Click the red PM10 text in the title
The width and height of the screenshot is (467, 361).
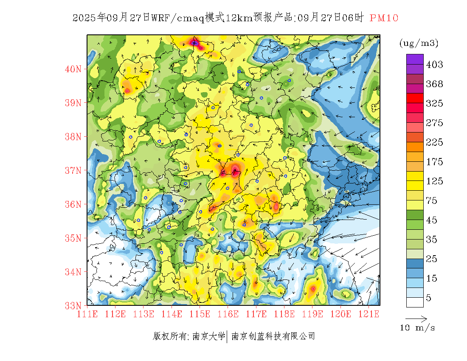pos(384,18)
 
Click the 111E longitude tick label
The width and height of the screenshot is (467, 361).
pos(87,314)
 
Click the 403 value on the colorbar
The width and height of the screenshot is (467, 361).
pos(434,65)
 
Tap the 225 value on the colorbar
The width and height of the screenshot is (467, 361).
pos(434,142)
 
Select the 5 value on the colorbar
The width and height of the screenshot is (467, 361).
pos(429,298)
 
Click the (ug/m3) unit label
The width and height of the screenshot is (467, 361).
pos(419,43)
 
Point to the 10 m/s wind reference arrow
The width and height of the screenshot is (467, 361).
pos(416,318)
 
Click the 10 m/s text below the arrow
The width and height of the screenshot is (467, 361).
pos(418,327)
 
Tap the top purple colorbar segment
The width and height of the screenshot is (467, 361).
pos(415,59)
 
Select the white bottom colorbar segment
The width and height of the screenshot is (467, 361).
pos(415,302)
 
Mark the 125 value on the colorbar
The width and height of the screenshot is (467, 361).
pos(434,181)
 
